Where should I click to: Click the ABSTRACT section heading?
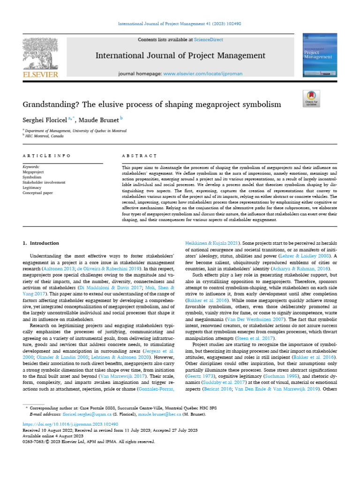(139, 155)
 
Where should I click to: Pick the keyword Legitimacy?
(33, 187)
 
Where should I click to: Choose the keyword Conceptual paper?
(38, 192)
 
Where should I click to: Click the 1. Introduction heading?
(41, 243)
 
